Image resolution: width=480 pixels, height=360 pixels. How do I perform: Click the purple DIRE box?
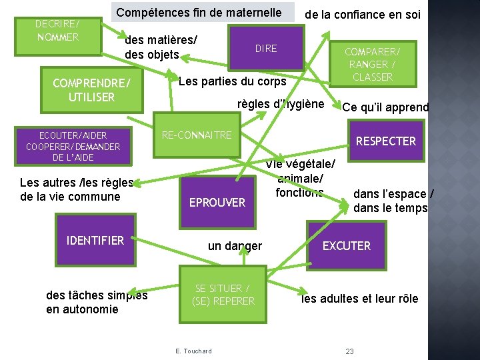[265, 48]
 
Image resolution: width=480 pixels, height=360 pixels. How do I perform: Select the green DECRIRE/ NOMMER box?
[57, 31]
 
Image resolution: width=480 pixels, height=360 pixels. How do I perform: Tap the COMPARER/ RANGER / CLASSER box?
[373, 63]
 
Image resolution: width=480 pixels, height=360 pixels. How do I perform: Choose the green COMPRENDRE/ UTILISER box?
[92, 90]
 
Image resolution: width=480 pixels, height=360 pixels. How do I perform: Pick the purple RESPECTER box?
[385, 141]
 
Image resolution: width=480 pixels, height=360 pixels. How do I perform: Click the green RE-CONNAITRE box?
[197, 135]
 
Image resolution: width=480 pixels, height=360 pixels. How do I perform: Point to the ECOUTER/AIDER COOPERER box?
[73, 146]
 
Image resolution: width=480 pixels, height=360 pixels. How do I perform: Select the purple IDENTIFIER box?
[95, 241]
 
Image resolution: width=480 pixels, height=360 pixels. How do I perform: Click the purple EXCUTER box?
[346, 245]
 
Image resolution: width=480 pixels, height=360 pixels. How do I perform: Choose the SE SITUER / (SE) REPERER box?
[223, 295]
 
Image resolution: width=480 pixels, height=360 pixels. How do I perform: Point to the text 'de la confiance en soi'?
[363, 14]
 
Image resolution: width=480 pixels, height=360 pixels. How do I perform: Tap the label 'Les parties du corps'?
[232, 81]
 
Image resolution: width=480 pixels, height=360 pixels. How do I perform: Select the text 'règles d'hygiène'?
[281, 104]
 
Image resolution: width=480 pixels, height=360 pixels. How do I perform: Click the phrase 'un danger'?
[235, 246]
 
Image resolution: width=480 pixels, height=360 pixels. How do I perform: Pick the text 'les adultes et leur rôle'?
[360, 299]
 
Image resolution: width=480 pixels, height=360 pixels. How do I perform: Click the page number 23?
[349, 351]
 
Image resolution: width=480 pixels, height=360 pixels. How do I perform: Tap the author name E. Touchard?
[193, 351]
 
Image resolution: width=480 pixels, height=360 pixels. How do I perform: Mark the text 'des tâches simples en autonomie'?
[97, 302]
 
